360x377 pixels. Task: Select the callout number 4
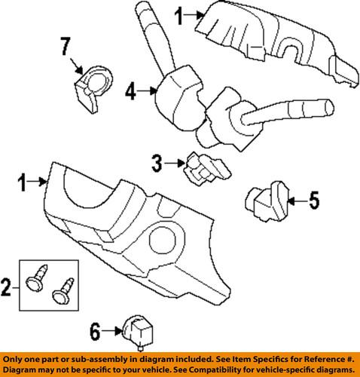(x=130, y=93)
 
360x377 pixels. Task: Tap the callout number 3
(x=157, y=161)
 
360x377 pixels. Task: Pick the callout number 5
(x=314, y=200)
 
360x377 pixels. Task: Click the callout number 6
(x=96, y=330)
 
